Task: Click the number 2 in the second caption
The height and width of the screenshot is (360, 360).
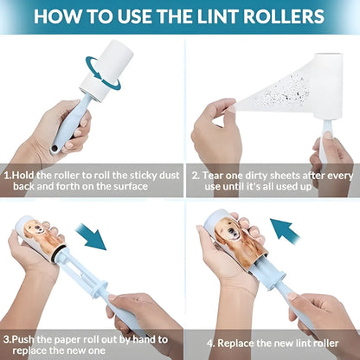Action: coord(196,174)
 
